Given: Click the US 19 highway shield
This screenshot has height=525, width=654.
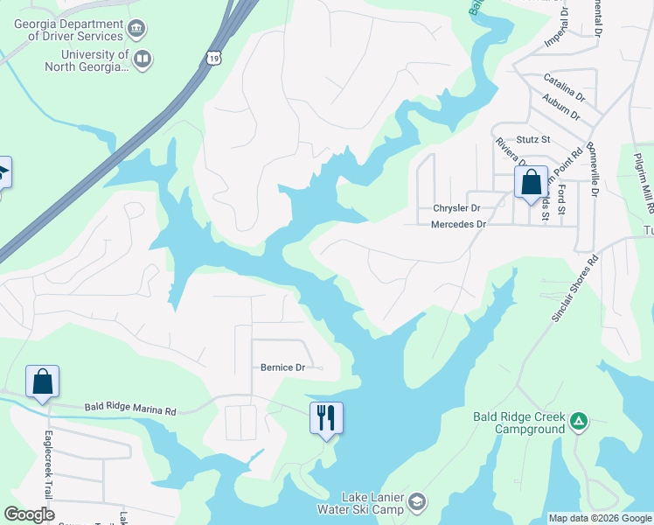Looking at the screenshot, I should [214, 58].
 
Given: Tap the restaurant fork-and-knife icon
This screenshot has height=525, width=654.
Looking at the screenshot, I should [326, 417].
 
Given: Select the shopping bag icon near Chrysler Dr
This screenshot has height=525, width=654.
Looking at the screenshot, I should [531, 182].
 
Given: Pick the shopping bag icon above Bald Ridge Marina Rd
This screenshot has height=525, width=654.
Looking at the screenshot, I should [42, 381].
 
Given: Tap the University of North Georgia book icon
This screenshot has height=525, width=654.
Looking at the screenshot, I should [143, 59].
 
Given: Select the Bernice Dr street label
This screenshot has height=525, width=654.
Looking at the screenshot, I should [282, 367].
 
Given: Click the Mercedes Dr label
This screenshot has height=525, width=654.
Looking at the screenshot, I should [458, 225].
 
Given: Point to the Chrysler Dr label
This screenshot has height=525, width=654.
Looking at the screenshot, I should [457, 208].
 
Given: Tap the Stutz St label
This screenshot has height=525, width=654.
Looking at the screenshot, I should [532, 139].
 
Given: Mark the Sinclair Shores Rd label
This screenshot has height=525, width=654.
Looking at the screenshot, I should [574, 289].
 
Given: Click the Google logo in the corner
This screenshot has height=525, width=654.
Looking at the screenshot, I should [30, 514].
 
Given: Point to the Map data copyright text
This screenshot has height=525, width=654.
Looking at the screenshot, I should [599, 518].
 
